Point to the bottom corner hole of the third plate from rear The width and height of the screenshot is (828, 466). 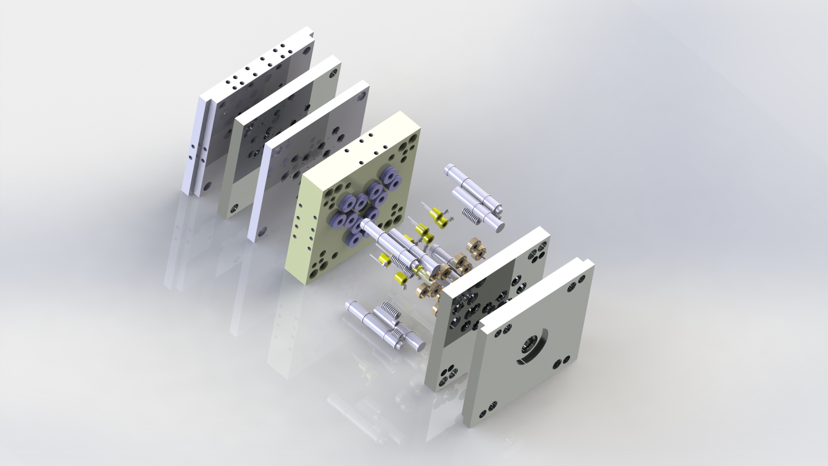[x=262, y=233]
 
